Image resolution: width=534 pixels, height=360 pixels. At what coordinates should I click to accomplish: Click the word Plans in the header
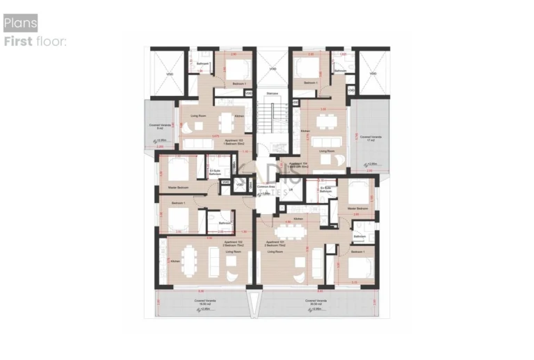21,23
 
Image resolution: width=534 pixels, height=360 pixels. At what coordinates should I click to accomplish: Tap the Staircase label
273,93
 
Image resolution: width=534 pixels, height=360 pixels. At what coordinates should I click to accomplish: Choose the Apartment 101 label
276,243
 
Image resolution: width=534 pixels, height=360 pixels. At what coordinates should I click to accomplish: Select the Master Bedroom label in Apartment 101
357,208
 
